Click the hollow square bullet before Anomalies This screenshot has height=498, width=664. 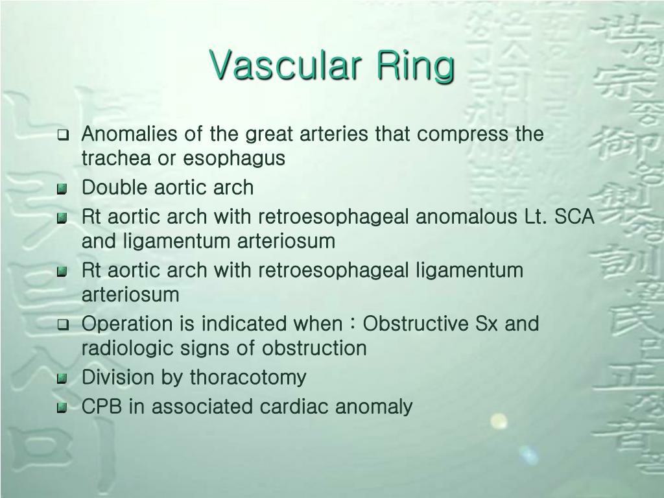pyautogui.click(x=63, y=136)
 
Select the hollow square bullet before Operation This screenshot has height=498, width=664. pyautogui.click(x=63, y=324)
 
